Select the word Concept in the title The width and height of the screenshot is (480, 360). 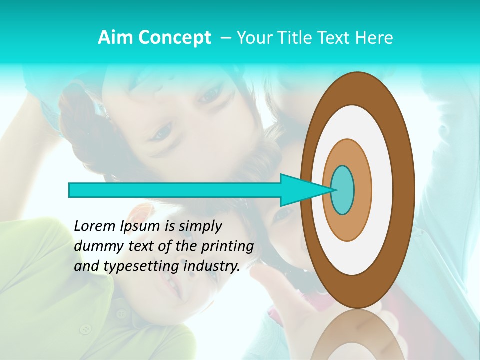point(175,38)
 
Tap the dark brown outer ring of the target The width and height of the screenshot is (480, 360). point(405,190)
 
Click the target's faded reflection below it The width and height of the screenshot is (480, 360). point(357,337)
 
